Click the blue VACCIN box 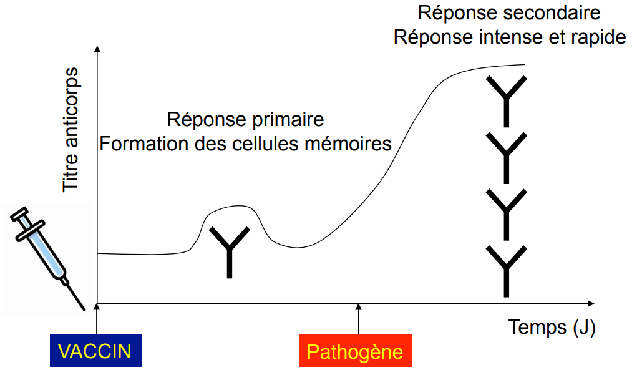pyautogui.click(x=96, y=351)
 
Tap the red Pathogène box pyautogui.click(x=355, y=351)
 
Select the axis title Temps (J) pyautogui.click(x=552, y=328)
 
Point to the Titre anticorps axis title pyautogui.click(x=71, y=129)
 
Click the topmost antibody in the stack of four pyautogui.click(x=506, y=101)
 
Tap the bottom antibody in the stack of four pyautogui.click(x=506, y=271)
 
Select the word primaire pyautogui.click(x=288, y=120)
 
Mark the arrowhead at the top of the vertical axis pyautogui.click(x=97, y=49)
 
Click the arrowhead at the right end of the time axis pyautogui.click(x=591, y=303)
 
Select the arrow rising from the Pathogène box pyautogui.click(x=359, y=319)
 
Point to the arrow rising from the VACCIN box pyautogui.click(x=97, y=319)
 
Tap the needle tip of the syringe pyautogui.click(x=84, y=309)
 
